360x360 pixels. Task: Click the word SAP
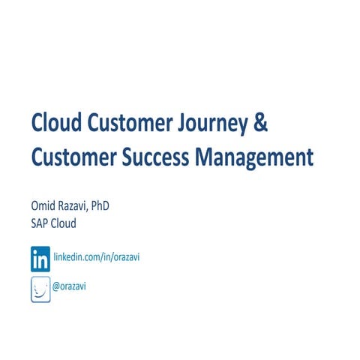click(40, 224)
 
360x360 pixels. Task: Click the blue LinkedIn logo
click(40, 259)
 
